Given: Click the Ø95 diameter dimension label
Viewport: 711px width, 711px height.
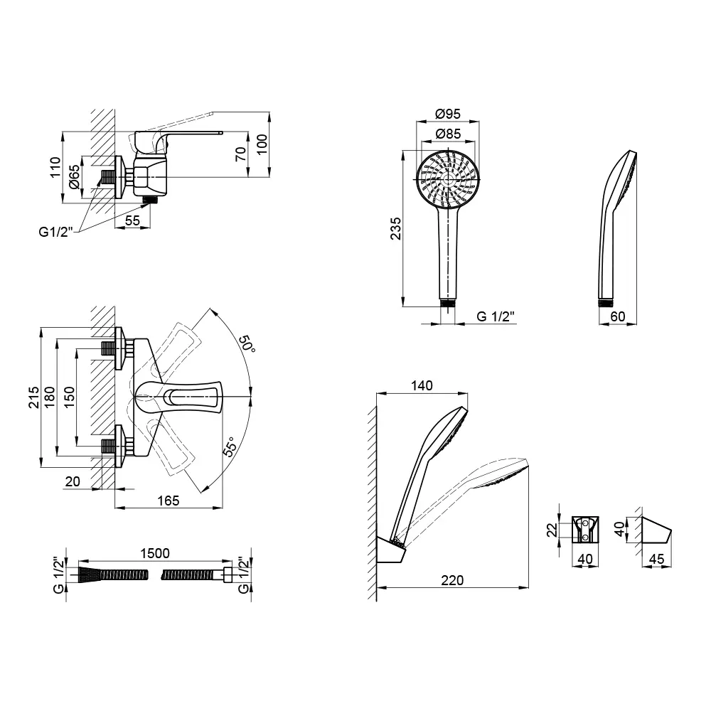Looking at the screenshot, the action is (x=447, y=114).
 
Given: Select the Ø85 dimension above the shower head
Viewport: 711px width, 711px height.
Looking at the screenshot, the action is (x=447, y=134).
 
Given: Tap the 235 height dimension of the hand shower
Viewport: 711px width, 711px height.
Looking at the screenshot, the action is (x=396, y=228).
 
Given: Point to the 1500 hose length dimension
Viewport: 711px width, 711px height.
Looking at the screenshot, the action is (x=154, y=553).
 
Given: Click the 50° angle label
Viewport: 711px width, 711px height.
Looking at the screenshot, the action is (x=247, y=343).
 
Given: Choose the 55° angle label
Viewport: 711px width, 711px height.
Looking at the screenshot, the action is (x=230, y=447).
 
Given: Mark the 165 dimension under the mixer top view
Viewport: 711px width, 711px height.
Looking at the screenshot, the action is (x=169, y=501).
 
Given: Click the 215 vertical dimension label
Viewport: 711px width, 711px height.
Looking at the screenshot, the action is (x=34, y=397).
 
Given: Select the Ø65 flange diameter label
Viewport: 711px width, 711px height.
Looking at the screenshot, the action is (x=74, y=177).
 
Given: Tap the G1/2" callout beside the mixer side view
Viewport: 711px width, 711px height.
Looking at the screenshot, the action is (x=55, y=232).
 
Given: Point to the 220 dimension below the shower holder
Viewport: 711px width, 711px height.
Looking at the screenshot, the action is (x=452, y=580).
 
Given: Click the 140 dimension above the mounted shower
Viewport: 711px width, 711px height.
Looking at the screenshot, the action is (x=422, y=385).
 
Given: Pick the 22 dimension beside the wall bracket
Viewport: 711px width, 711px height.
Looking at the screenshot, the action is (x=552, y=530).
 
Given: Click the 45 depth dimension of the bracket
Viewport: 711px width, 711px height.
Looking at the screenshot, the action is (x=656, y=559).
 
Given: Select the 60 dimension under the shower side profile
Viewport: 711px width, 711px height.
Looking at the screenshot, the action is (x=618, y=316).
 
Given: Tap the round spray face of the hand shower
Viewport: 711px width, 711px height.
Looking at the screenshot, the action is (x=448, y=178).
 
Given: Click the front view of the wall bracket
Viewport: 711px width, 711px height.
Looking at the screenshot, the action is (x=585, y=529).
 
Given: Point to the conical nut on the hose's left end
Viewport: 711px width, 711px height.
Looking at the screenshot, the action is (x=90, y=574).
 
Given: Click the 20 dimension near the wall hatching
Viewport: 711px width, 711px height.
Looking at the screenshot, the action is (x=73, y=481).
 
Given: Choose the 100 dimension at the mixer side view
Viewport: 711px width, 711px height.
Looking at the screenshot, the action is (x=262, y=144).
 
